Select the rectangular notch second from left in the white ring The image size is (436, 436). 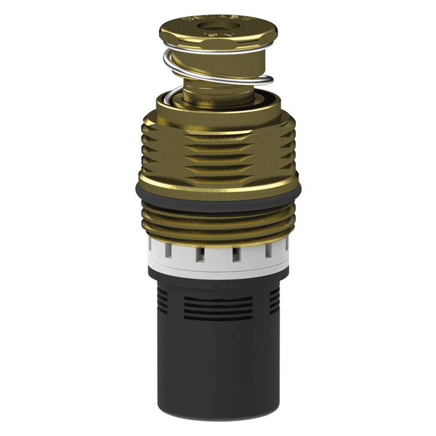(199, 253)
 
